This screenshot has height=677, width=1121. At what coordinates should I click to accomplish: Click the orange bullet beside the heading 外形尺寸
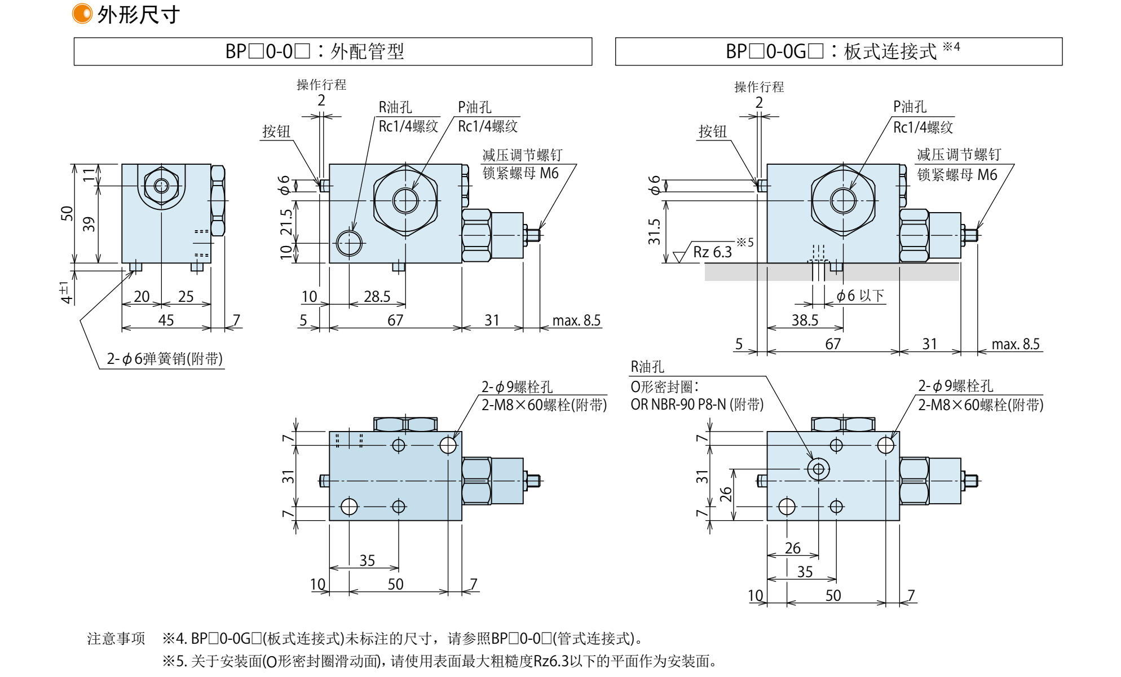tap(82, 14)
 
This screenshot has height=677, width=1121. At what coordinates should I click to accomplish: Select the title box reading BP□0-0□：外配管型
tap(333, 51)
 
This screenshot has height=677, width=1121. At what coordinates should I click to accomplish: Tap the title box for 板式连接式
tap(838, 51)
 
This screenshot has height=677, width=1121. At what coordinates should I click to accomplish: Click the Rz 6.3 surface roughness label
tap(712, 252)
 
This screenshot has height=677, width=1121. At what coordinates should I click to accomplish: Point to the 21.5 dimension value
tap(286, 222)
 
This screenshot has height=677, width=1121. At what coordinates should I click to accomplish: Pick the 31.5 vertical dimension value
tap(654, 232)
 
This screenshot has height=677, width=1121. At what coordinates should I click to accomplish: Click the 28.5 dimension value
tap(377, 297)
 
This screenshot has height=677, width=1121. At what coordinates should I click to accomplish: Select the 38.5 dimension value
tap(805, 320)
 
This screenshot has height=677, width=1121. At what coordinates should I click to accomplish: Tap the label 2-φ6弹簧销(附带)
tap(165, 359)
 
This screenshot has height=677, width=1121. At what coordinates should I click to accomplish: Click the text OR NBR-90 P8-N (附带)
tap(697, 405)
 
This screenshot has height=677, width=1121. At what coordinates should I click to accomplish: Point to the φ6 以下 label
tap(860, 296)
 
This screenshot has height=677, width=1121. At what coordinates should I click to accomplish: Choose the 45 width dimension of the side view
tap(166, 320)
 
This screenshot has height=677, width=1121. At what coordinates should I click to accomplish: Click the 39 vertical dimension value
tap(89, 225)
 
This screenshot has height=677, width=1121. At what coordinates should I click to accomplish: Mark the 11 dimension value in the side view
tap(89, 174)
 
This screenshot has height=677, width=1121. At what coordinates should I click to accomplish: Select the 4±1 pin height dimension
tap(66, 292)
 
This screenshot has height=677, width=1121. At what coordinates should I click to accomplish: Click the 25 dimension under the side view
tap(186, 297)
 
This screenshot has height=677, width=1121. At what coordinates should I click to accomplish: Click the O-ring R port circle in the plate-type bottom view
tap(818, 469)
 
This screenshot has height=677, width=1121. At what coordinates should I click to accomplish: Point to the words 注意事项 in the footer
tap(116, 639)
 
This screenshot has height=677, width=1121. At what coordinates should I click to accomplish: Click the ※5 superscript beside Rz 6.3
tap(745, 242)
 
